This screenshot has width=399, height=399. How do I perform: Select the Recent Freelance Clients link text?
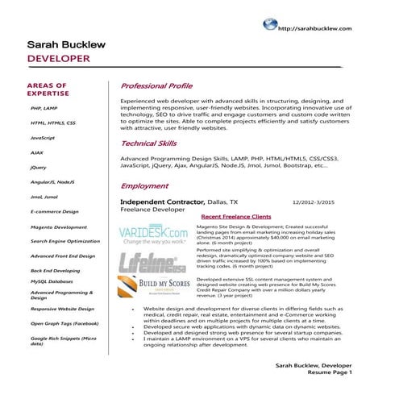click(235, 218)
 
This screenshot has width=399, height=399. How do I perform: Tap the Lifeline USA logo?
click(151, 264)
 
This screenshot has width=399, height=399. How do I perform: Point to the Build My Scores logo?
click(152, 288)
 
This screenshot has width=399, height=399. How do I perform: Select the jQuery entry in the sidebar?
click(38, 168)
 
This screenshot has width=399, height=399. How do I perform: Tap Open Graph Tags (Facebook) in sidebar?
click(64, 323)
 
